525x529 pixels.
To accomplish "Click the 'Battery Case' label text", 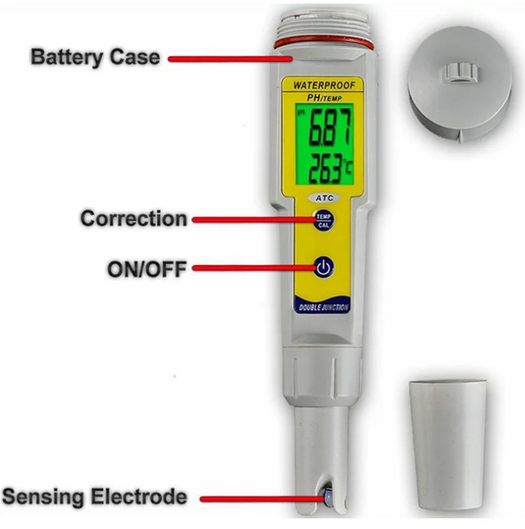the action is pos(96,58).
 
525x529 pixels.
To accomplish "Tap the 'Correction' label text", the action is pos(134,219).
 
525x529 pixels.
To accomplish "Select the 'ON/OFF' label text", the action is pos(147,269).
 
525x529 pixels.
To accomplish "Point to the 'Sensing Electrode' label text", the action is pos(94,497).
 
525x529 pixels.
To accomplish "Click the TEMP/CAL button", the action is pos(324,220).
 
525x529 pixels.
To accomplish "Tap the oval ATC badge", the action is pos(324,198).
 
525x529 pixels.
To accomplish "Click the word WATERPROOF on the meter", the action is pos(324,86).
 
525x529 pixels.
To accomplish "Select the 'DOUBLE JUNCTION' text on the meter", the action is pos(323,307).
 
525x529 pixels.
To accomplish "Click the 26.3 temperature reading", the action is pos(326,168).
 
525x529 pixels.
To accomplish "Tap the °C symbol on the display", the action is pos(348,167).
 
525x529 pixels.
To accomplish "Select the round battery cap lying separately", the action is pos(460,84).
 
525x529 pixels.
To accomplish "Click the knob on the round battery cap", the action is pos(460,72).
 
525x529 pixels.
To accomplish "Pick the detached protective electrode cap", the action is pos(448,444).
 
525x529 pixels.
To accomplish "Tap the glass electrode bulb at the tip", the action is pos(327,496).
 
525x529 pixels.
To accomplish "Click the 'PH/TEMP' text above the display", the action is pos(324,98).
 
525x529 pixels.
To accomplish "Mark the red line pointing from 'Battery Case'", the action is pos(230,59).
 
